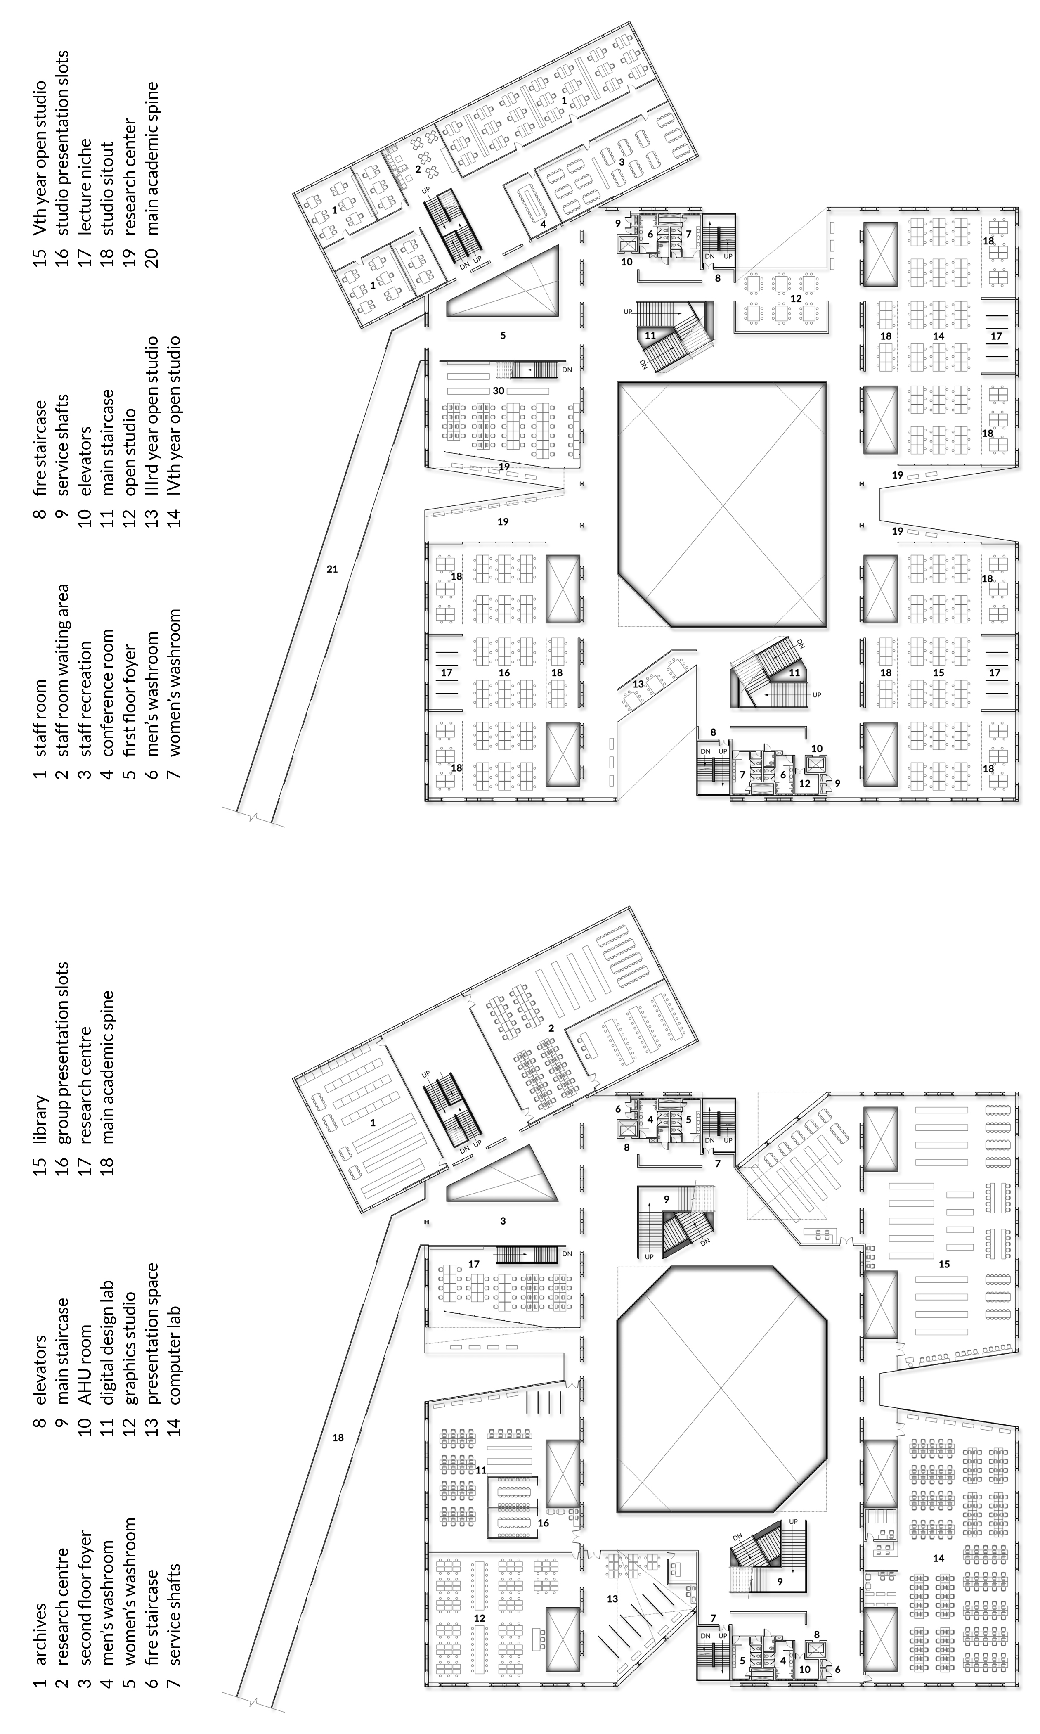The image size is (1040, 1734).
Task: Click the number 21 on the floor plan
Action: tap(332, 569)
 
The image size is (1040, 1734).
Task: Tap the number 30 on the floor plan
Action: tap(498, 391)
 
